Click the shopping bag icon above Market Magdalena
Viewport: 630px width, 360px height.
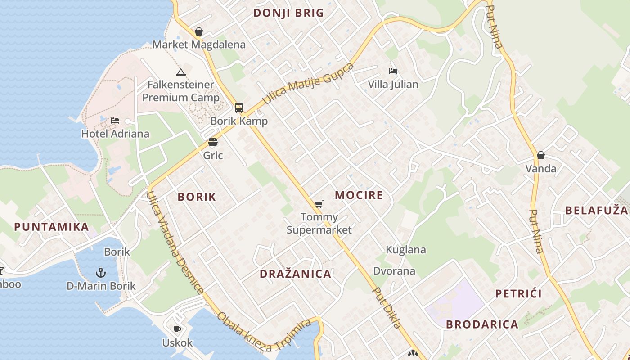pos(198,31)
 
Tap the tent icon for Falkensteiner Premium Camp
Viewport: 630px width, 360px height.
pos(180,72)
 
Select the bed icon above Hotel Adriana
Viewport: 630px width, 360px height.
pos(115,121)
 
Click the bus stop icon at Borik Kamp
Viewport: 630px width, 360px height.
pos(238,108)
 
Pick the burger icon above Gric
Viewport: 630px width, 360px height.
pos(213,143)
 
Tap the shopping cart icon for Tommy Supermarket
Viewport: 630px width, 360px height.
pos(319,204)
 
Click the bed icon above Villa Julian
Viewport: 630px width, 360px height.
pos(393,71)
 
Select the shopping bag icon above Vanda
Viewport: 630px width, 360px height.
pos(540,155)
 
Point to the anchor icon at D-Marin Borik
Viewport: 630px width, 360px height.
pos(101,272)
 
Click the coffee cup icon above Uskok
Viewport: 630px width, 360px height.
pos(177,329)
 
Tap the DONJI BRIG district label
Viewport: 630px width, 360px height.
pos(288,13)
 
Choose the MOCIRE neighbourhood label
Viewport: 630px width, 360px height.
pos(359,195)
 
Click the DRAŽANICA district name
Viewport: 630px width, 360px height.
pos(295,274)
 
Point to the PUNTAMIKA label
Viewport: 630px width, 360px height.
pos(51,226)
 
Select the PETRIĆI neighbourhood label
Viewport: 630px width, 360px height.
pos(518,294)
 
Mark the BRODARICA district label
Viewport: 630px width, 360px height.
pos(482,324)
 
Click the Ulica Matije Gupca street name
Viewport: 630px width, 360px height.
pos(308,84)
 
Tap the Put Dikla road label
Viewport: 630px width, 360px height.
pos(387,308)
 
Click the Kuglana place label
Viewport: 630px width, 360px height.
pos(406,250)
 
